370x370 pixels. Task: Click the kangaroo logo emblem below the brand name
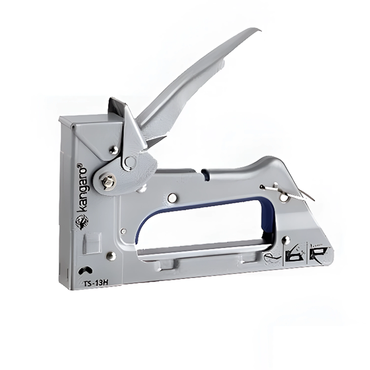(82, 222)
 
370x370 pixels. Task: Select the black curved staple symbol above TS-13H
(85, 270)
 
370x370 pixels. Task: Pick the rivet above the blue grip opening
(173, 198)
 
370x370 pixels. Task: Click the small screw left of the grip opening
(123, 231)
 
